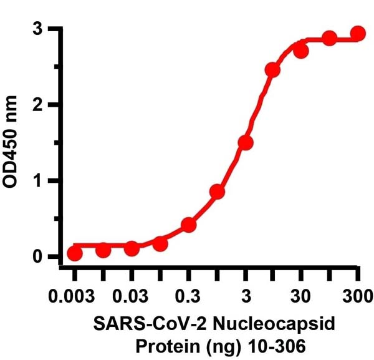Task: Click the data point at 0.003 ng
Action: coord(75,253)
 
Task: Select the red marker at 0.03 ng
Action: coord(132,248)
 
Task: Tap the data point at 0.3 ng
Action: coord(189,225)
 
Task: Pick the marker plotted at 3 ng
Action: coord(246,143)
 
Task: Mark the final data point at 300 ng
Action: coord(358,33)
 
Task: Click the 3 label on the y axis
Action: coord(39,29)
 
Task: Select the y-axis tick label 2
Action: coord(39,105)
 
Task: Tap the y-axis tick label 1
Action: coord(39,181)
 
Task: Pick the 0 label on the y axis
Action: coord(39,256)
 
